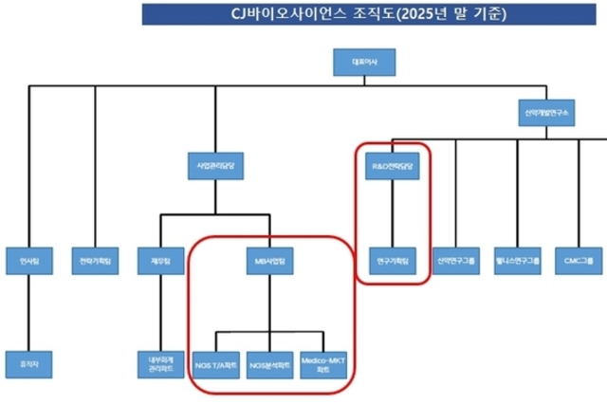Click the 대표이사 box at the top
tap(364, 64)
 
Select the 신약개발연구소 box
tap(546, 111)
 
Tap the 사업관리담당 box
tap(215, 168)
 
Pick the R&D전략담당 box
tap(392, 168)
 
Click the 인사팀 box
tap(29, 259)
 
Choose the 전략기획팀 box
tap(94, 259)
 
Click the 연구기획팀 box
tap(392, 259)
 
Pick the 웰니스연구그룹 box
tap(518, 259)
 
